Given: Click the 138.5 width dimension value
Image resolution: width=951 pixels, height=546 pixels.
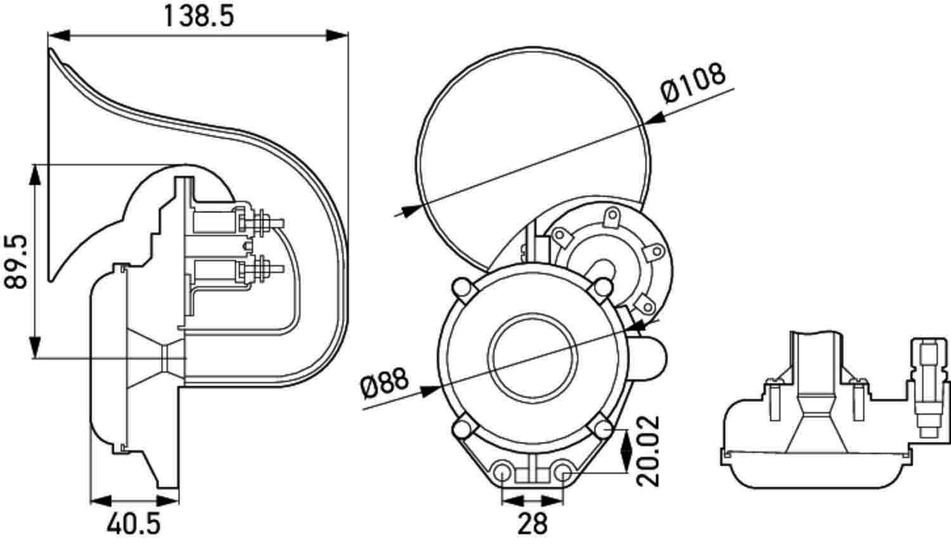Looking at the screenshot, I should [198, 15].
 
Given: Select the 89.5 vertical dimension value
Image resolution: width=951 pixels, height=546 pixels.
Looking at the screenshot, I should [17, 261].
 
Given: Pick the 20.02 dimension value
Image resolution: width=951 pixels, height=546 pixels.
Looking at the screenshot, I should [648, 451].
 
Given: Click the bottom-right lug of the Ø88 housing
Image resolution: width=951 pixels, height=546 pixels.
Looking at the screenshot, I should [602, 431].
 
